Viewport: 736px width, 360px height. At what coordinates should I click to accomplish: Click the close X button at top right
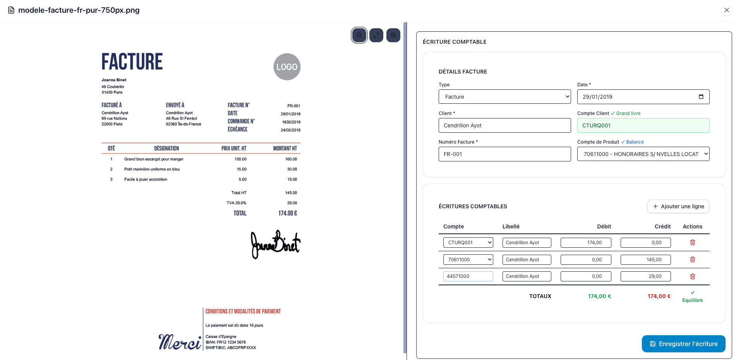coord(726,10)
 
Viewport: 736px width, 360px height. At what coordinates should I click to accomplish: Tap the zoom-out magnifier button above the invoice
coord(359,35)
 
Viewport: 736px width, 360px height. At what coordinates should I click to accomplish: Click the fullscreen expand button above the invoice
coord(376,35)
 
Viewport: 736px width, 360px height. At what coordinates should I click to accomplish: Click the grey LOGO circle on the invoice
coord(287,67)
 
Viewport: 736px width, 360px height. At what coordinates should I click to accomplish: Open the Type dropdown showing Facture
coord(504,97)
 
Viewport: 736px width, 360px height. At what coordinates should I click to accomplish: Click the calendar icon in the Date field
coord(701,97)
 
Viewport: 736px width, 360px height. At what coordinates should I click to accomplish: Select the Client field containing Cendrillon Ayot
coord(504,125)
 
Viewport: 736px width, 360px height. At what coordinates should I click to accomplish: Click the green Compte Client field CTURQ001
coord(643,125)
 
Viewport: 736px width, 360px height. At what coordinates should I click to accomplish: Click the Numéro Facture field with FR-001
coord(504,154)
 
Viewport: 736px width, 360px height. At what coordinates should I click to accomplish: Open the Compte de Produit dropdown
coord(643,154)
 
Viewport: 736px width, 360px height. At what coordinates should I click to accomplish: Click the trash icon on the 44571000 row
coord(693,276)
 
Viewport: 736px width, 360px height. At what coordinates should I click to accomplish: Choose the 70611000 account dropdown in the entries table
coord(468,260)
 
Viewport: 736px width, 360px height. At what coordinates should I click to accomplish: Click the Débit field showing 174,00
coord(586,243)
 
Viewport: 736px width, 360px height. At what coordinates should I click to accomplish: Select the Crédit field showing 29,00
coord(645,276)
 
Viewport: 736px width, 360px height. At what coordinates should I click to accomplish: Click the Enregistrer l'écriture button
coord(683,344)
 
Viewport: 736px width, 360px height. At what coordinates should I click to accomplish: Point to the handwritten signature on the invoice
coord(275,244)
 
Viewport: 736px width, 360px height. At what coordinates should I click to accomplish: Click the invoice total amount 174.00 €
coord(288,213)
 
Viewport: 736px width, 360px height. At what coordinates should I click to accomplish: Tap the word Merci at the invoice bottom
coord(180,342)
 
